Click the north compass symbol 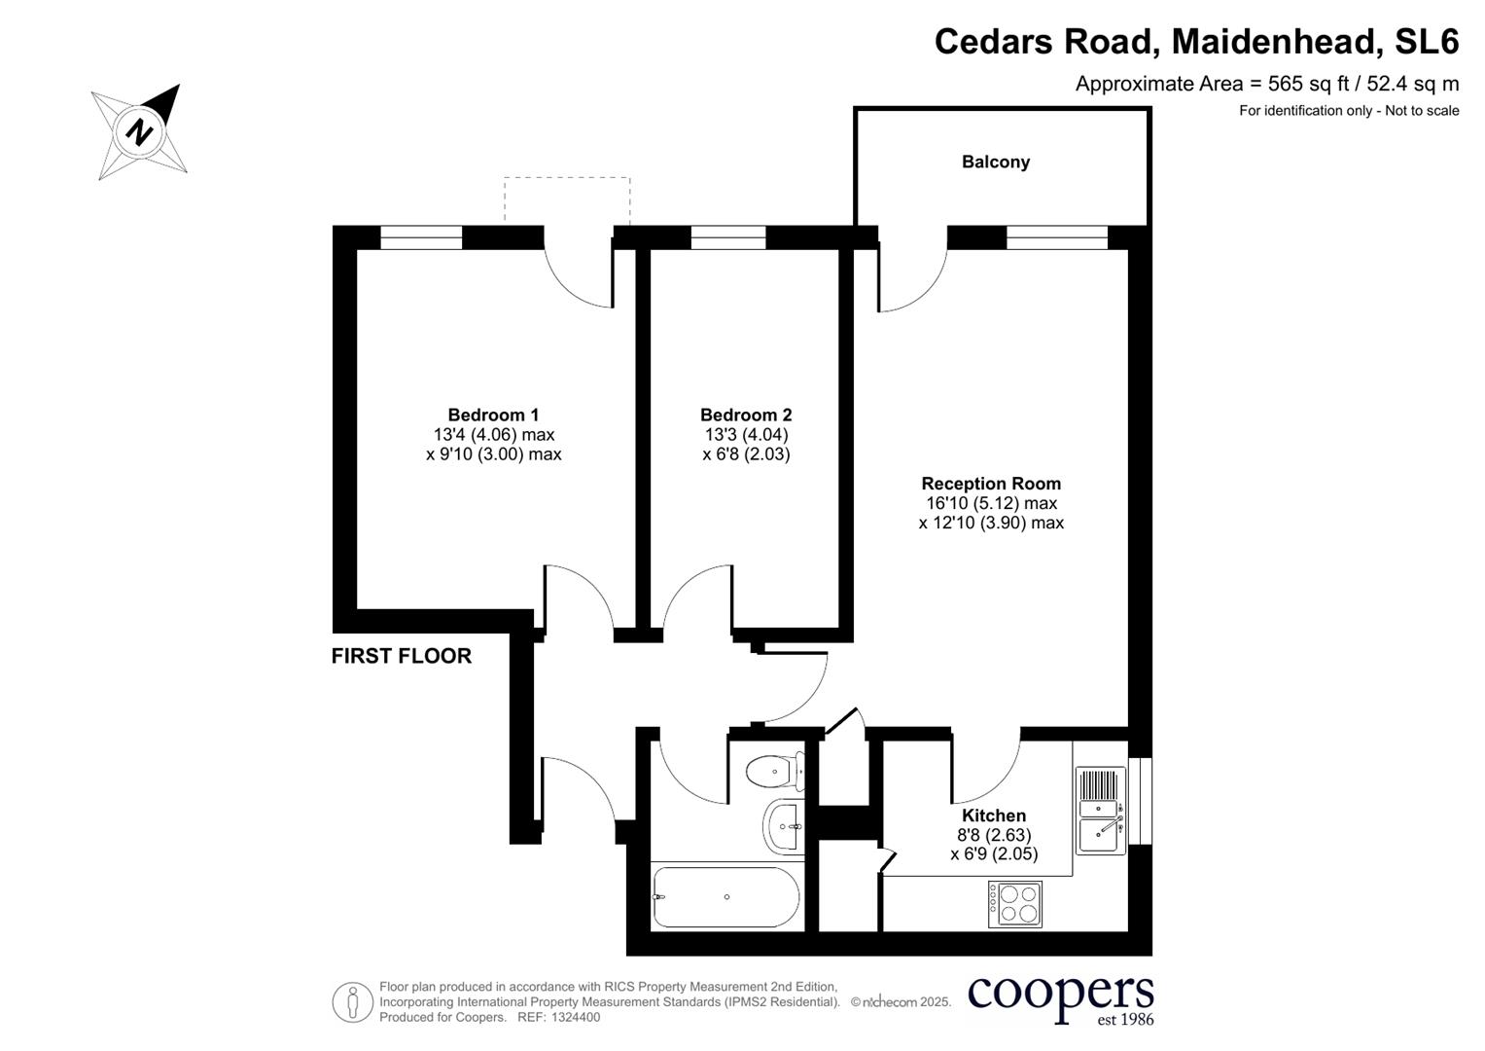pyautogui.click(x=139, y=131)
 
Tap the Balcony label pyautogui.click(x=995, y=163)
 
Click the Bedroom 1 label pyautogui.click(x=493, y=416)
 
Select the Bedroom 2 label pyautogui.click(x=746, y=416)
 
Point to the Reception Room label pyautogui.click(x=991, y=484)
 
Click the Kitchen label pyautogui.click(x=994, y=815)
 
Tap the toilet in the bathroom pyautogui.click(x=775, y=772)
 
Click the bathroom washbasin pyautogui.click(x=783, y=826)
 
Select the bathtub pyautogui.click(x=726, y=897)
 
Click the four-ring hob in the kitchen pyautogui.click(x=1015, y=903)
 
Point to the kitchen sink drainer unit pyautogui.click(x=1101, y=811)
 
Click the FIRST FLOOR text pyautogui.click(x=402, y=656)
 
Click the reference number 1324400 pyautogui.click(x=576, y=1017)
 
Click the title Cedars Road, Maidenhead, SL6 pyautogui.click(x=1196, y=42)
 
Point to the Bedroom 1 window pyautogui.click(x=421, y=237)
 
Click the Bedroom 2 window pyautogui.click(x=727, y=237)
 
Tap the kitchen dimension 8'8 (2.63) pyautogui.click(x=994, y=835)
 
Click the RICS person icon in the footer pyautogui.click(x=352, y=1002)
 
